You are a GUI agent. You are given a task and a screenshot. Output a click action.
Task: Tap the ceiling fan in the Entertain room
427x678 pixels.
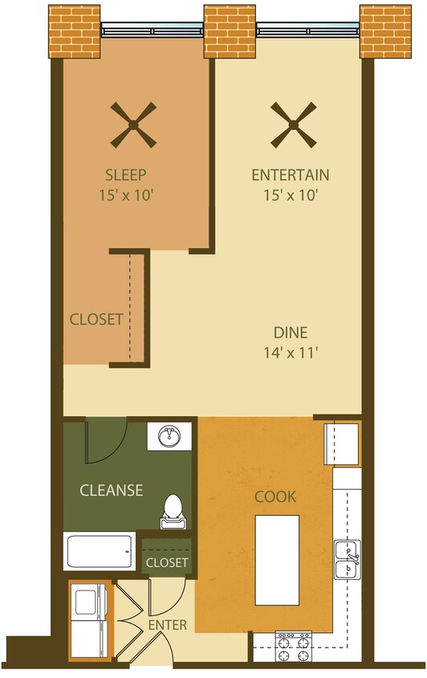click(292, 125)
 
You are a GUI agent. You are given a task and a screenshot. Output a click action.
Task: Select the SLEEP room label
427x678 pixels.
click(127, 174)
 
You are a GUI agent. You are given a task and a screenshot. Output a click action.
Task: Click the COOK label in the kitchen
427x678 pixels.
click(275, 497)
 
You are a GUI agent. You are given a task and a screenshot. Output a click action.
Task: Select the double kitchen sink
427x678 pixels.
click(348, 559)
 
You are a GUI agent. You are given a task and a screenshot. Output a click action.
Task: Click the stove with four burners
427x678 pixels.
click(293, 647)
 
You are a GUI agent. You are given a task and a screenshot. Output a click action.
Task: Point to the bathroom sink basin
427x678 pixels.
click(169, 438)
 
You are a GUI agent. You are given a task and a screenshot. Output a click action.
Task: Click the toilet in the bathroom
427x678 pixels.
click(172, 511)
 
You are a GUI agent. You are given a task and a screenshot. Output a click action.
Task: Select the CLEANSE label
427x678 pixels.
click(111, 490)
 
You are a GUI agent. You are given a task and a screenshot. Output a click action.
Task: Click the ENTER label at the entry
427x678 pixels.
click(168, 624)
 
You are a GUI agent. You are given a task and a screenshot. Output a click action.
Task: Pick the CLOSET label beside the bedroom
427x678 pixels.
click(96, 319)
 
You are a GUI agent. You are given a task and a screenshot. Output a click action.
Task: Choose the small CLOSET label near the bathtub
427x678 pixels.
click(167, 562)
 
